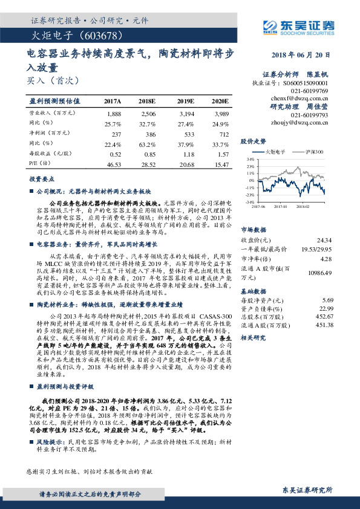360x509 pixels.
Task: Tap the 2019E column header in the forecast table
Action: (186, 102)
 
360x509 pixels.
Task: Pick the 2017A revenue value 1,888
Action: (114, 114)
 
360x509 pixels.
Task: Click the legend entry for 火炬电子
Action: (273, 152)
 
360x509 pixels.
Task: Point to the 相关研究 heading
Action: (252, 339)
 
